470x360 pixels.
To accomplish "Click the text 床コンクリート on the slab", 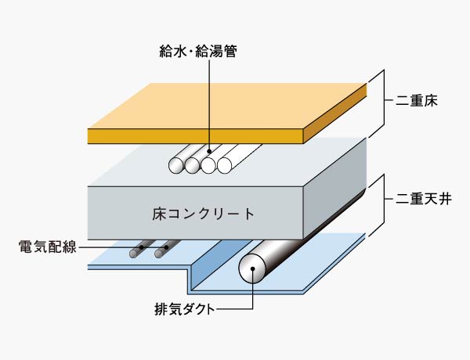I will pyautogui.click(x=203, y=213).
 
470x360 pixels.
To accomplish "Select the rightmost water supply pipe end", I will pyautogui.click(x=224, y=165).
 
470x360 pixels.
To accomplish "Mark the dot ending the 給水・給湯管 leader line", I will pyautogui.click(x=210, y=152).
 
